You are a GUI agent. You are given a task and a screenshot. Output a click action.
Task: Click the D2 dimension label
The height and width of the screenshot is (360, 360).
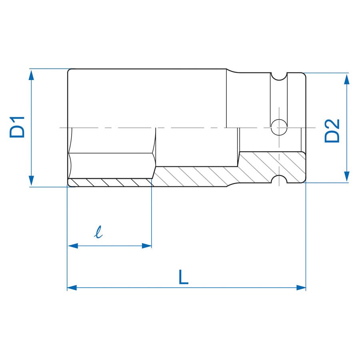pos(332,131)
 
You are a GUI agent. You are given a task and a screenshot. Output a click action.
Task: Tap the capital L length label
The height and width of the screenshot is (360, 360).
pos(183,277)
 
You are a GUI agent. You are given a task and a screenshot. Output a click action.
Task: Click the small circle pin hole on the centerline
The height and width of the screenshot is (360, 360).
pos(279,128)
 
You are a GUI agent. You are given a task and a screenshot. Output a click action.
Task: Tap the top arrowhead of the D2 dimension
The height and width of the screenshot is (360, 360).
pos(346,79)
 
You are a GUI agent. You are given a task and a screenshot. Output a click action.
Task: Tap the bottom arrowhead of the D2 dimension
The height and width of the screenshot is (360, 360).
pos(346,177)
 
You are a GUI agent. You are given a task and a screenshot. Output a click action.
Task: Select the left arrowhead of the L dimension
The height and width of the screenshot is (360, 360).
pos(72,287)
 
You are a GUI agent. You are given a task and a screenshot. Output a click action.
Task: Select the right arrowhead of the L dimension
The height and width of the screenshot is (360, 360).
pos(300,287)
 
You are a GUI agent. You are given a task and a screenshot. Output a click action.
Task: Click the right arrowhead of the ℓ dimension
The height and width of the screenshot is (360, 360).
pos(146,246)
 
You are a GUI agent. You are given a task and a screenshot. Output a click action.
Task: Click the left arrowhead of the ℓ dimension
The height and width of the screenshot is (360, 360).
pos(72,246)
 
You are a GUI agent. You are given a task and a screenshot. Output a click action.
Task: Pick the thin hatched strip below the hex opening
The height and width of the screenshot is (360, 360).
pos(110,182)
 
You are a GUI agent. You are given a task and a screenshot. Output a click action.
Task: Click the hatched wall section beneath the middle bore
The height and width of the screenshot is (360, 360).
pos(196,176)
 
